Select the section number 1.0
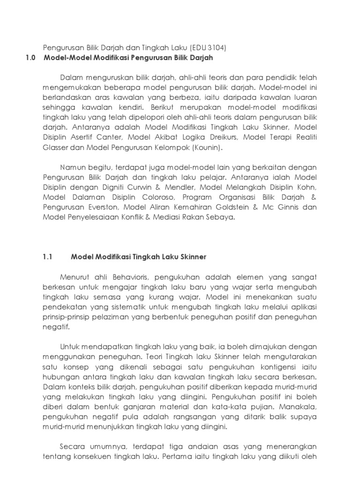pyautogui.click(x=30, y=58)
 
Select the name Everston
pyautogui.click(x=95, y=207)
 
